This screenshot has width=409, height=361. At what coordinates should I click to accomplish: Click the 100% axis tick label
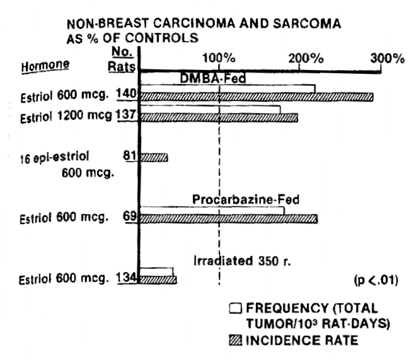pyautogui.click(x=218, y=59)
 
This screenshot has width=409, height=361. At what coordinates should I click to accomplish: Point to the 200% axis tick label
pyautogui.click(x=309, y=59)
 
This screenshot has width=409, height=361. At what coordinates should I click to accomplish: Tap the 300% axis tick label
pyautogui.click(x=388, y=59)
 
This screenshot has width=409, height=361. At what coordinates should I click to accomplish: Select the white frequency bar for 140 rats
pyautogui.click(x=227, y=88)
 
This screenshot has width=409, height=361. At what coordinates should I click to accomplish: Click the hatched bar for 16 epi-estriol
pyautogui.click(x=154, y=157)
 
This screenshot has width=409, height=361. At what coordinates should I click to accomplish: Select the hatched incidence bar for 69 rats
pyautogui.click(x=228, y=219)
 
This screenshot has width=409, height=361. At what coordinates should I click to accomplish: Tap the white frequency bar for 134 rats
pyautogui.click(x=156, y=271)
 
